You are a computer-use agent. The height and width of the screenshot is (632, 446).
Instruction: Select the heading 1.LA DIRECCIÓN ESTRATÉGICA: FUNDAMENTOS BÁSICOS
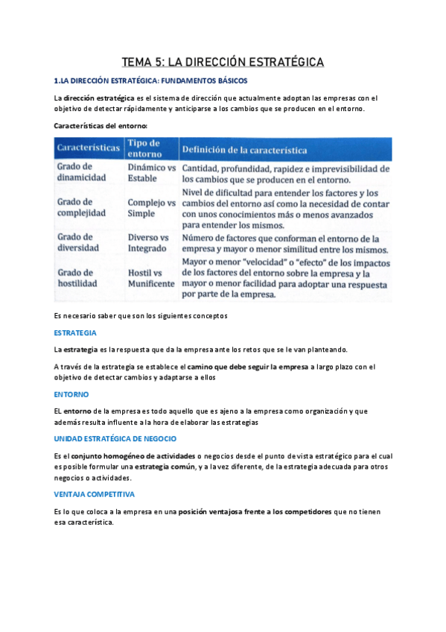tap(151, 80)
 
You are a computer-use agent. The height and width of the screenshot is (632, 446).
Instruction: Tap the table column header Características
tap(89, 148)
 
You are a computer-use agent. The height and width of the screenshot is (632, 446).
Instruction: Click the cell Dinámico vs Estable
tap(152, 173)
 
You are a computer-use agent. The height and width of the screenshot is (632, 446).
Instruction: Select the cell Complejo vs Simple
tap(152, 207)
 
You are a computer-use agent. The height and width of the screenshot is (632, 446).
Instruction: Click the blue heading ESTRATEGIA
tap(76, 332)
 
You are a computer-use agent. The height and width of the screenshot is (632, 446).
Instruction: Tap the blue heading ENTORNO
tap(71, 394)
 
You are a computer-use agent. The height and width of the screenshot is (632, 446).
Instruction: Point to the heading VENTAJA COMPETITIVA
tap(94, 494)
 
